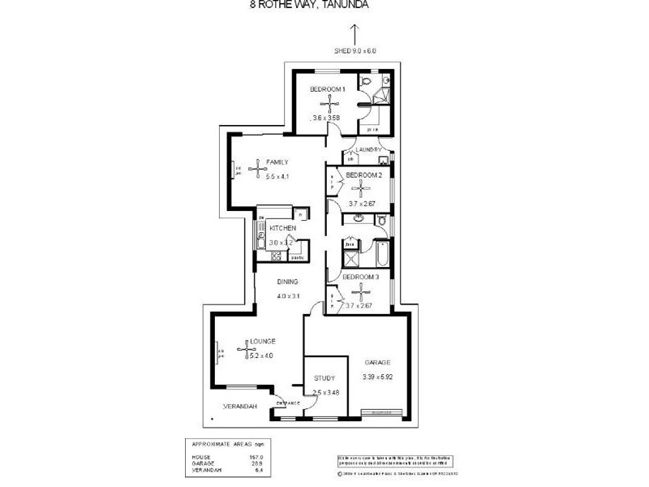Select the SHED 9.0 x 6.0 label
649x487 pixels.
(355, 50)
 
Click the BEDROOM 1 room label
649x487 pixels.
(329, 89)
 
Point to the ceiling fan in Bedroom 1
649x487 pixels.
(329, 103)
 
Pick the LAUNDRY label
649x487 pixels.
(368, 149)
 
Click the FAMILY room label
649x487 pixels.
(277, 162)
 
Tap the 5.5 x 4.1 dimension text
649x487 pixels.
(277, 176)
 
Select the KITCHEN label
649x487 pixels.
(282, 228)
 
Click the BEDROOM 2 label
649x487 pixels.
(363, 175)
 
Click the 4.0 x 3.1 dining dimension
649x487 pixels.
(288, 295)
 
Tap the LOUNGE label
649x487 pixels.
(263, 341)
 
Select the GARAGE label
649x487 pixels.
(378, 362)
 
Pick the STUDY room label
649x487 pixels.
(324, 378)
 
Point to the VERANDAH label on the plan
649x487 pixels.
(241, 406)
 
